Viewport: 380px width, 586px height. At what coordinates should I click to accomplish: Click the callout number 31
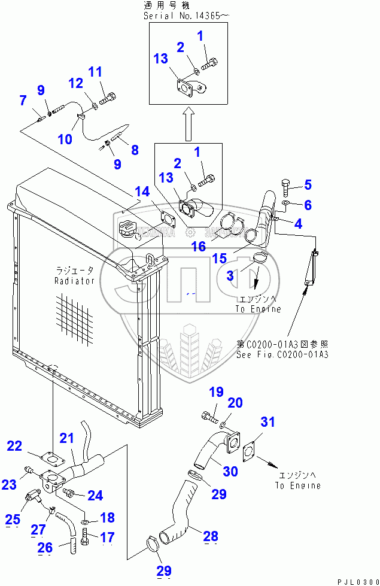click(267, 422)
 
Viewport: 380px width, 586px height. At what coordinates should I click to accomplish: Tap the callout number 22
click(14, 446)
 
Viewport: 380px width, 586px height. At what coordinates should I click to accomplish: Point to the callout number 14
click(142, 192)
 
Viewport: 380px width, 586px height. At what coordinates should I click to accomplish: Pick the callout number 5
click(308, 184)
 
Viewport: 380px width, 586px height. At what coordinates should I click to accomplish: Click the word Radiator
click(75, 280)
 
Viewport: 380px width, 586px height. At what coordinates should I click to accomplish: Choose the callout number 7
click(23, 100)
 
